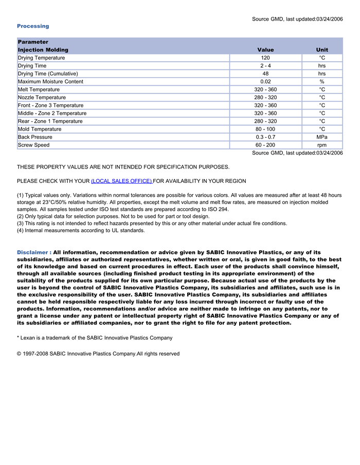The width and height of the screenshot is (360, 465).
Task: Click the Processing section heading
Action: [x=33, y=26]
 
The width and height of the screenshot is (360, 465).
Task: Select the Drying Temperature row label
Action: [x=41, y=58]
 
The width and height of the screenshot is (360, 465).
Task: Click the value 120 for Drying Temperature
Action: [x=265, y=58]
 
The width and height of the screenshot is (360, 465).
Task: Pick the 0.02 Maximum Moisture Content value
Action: [x=265, y=82]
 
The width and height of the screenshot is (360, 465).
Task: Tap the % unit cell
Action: [x=322, y=82]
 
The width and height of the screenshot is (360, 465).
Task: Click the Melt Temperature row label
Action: [x=39, y=89]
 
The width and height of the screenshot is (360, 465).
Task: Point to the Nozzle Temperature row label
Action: [x=42, y=98]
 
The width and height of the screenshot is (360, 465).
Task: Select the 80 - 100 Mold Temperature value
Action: [x=265, y=129]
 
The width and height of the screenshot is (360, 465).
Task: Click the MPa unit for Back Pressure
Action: [x=322, y=137]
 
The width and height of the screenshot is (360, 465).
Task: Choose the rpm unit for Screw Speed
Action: [x=322, y=145]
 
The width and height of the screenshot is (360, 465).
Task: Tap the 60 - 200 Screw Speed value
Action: [x=265, y=145]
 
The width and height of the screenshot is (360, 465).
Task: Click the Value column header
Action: [x=265, y=50]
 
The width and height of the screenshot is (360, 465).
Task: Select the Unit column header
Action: [x=322, y=50]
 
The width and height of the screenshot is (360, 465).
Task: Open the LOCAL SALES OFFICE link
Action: [x=121, y=181]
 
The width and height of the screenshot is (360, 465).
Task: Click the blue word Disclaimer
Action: [x=32, y=253]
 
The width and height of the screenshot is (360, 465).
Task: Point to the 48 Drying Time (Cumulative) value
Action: [x=265, y=74]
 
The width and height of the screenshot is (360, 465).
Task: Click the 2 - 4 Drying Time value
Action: [x=265, y=66]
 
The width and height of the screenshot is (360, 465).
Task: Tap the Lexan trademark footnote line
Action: [x=95, y=338]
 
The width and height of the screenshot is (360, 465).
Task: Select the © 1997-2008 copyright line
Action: [x=98, y=354]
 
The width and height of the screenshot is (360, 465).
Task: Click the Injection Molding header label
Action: [x=43, y=50]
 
